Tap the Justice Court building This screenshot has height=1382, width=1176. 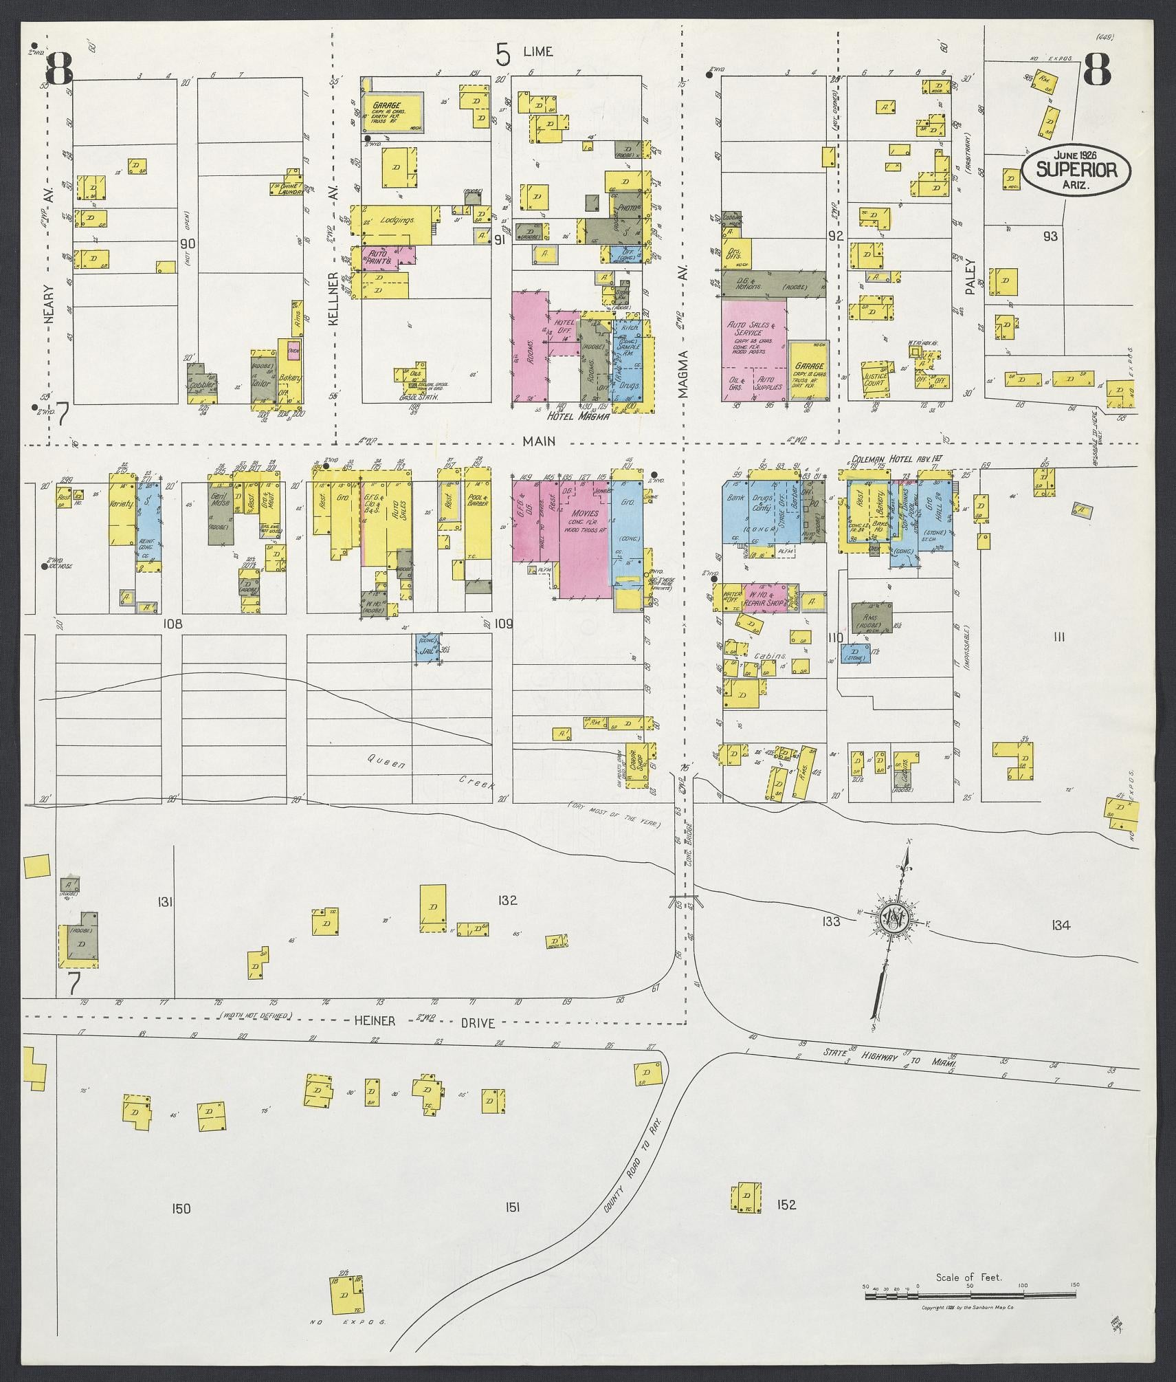[x=875, y=381]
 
